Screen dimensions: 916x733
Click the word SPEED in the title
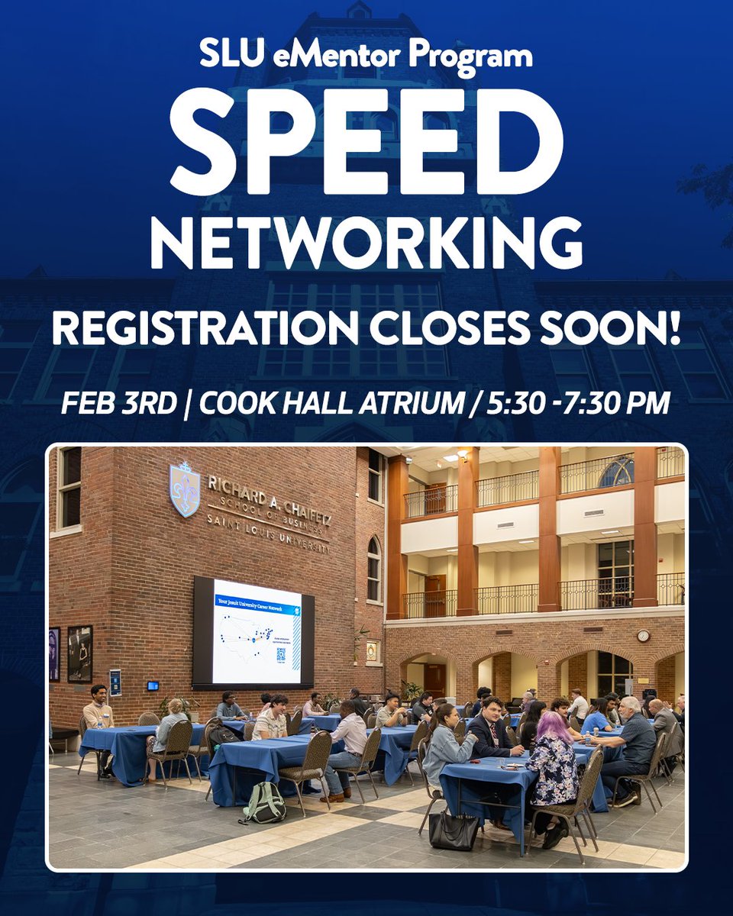point(366,140)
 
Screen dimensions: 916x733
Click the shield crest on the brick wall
point(184,489)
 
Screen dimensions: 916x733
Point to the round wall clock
point(644,635)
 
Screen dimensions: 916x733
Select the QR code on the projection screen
point(280,654)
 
